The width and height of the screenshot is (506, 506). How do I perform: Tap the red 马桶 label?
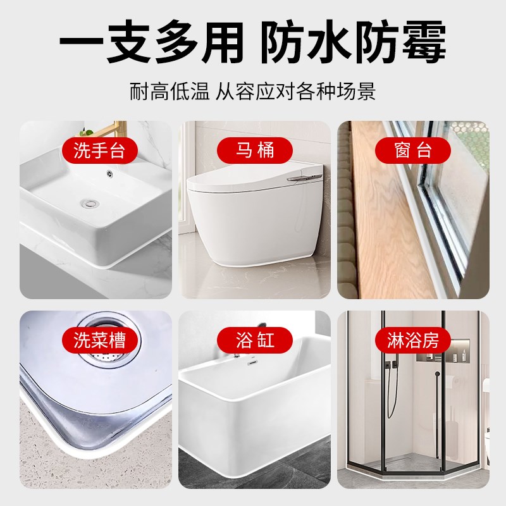(256, 151)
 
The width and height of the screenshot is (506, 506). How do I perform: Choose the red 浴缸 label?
(256, 340)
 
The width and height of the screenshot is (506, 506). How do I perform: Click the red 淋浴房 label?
(412, 340)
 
